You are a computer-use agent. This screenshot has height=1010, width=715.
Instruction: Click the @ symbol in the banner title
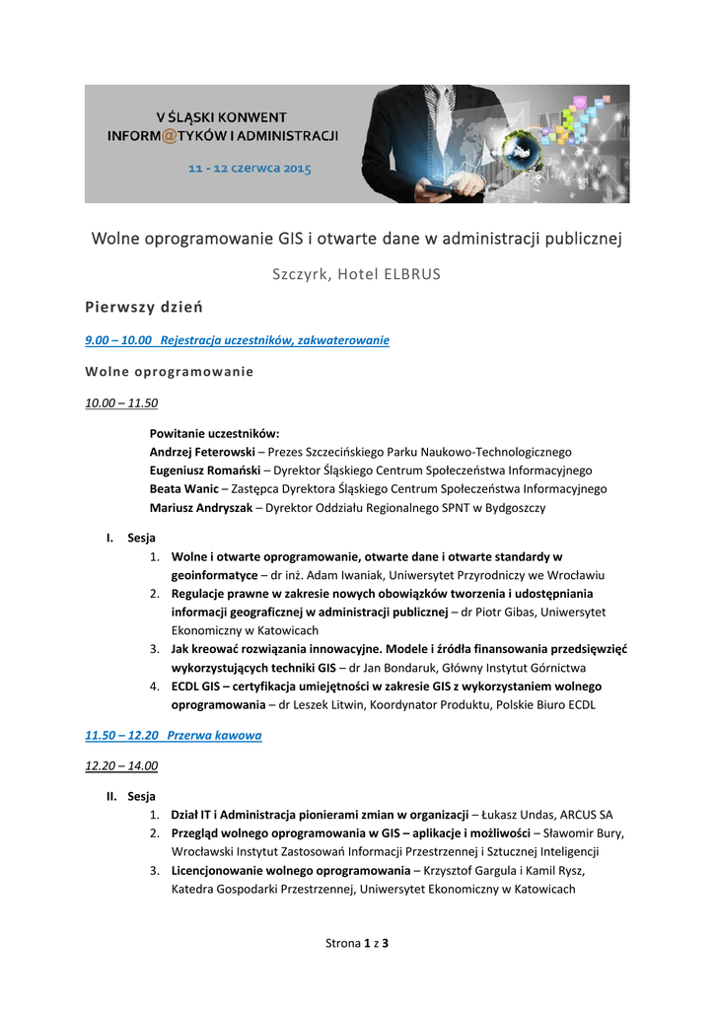point(169,135)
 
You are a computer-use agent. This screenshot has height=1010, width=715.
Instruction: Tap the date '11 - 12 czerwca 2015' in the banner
point(250,169)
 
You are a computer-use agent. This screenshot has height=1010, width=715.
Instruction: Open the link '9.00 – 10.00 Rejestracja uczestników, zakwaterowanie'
point(238,340)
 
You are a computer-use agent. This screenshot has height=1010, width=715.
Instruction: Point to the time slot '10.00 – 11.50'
point(122,403)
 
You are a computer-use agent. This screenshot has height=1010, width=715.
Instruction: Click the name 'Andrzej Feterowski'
point(202,452)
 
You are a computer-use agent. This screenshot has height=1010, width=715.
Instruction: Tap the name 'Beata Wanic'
point(184,489)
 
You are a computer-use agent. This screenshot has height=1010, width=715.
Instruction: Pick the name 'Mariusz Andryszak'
point(201,508)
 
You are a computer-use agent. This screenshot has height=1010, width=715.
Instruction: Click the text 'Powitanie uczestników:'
point(214,434)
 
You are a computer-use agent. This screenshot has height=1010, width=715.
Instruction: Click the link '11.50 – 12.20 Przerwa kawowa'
point(174,736)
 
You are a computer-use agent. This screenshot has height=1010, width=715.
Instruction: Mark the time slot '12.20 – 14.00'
point(122,765)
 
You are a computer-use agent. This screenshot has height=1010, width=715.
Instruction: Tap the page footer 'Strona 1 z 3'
point(357,944)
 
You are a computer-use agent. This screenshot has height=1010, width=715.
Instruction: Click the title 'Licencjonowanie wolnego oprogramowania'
point(290,871)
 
